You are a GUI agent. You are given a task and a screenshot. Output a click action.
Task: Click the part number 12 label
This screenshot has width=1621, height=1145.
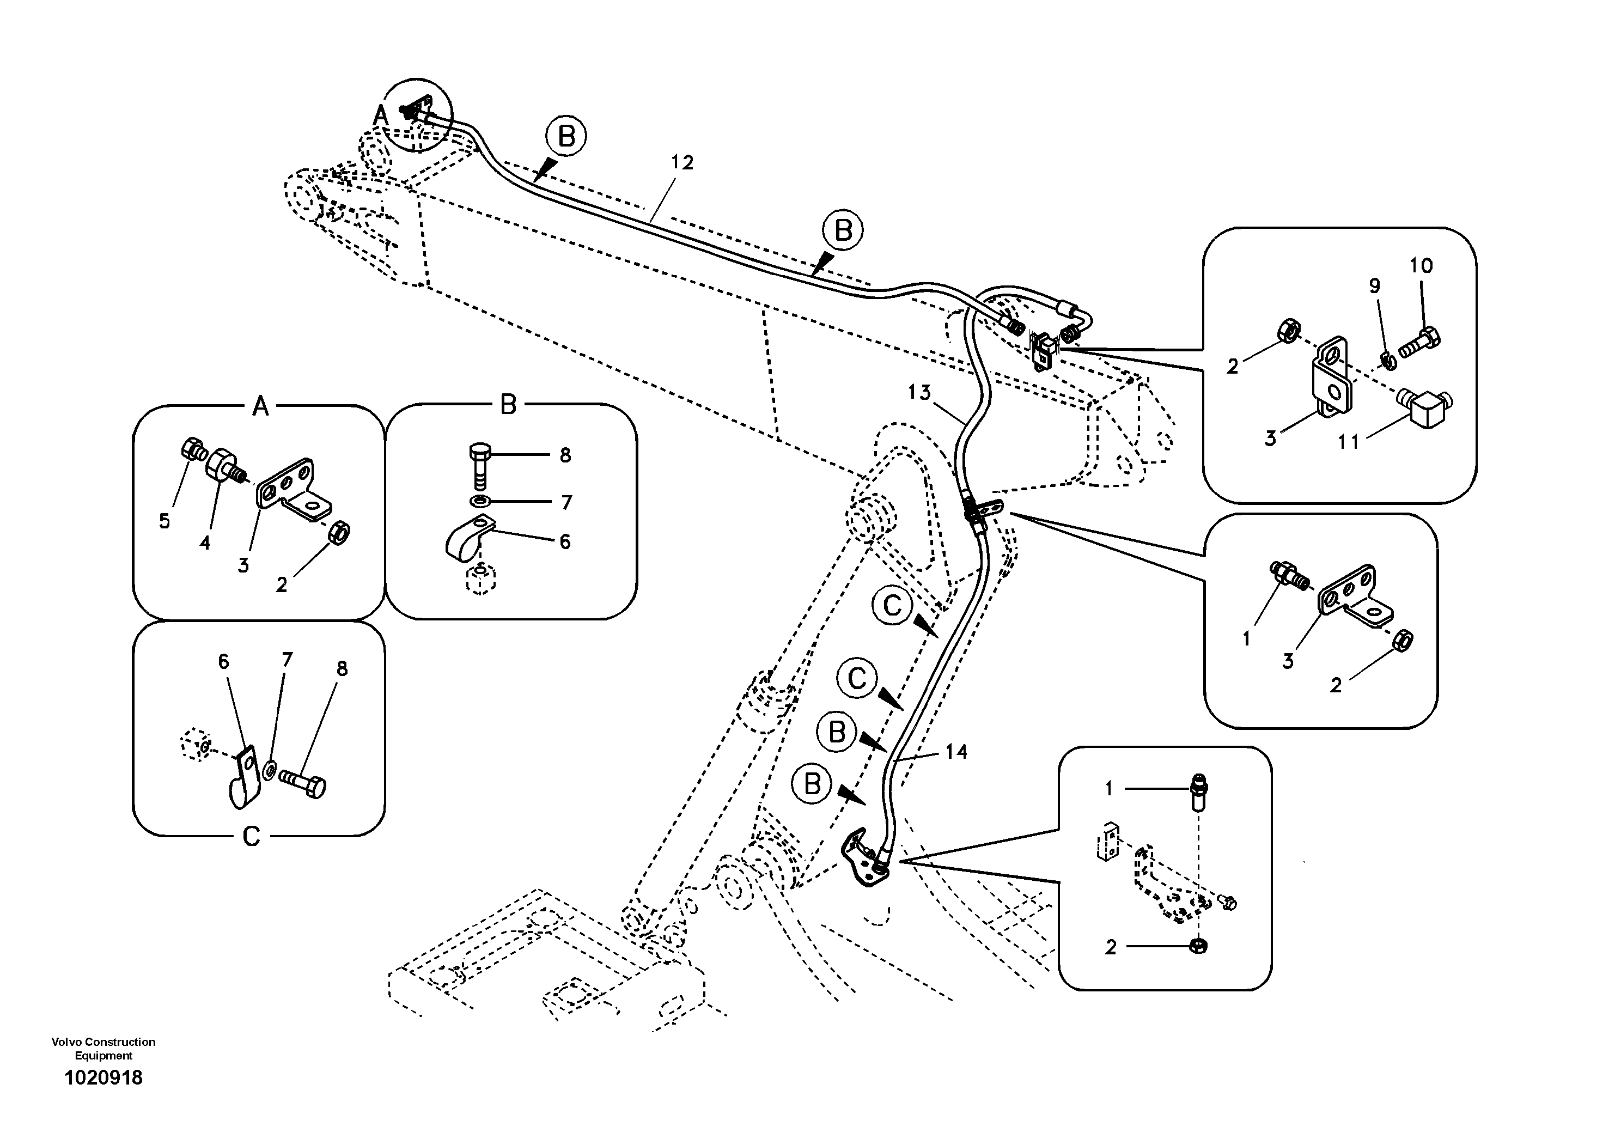click(681, 163)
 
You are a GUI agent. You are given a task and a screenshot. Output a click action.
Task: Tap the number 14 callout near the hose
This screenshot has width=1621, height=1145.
click(956, 752)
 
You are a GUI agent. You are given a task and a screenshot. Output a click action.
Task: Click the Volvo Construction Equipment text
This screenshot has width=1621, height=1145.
click(103, 1048)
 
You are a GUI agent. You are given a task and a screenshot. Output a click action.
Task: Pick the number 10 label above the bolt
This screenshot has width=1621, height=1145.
click(1421, 266)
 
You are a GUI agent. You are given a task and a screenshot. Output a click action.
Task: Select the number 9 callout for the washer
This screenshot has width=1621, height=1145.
click(1374, 286)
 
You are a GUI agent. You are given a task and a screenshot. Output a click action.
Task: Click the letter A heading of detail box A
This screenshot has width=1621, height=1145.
click(260, 406)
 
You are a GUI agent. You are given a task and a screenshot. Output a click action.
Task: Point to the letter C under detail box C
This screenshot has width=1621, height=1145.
click(251, 837)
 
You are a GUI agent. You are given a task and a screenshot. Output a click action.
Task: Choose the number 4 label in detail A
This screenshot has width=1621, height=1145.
click(205, 543)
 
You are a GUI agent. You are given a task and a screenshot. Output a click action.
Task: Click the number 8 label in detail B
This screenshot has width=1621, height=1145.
click(565, 456)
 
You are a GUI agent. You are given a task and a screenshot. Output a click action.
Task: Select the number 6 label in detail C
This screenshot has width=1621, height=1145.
click(223, 661)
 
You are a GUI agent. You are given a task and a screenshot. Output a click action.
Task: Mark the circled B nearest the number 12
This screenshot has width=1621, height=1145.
click(566, 136)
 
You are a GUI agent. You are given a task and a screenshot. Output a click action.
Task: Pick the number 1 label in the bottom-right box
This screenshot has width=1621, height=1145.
click(1108, 789)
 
